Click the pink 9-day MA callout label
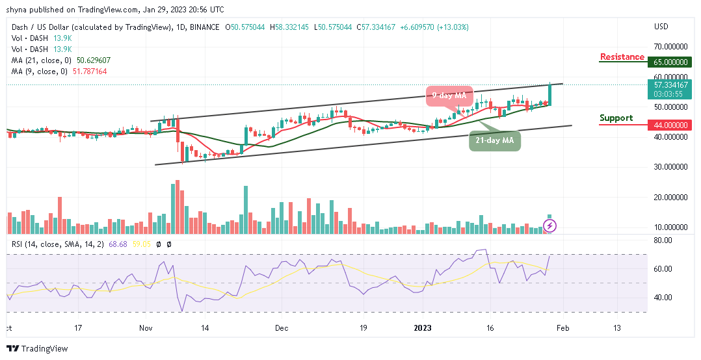tap(449, 96)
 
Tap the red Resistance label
tap(622, 57)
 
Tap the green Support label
tap(616, 118)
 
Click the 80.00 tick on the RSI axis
tap(663, 240)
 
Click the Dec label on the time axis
tap(281, 329)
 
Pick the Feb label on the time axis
tap(562, 329)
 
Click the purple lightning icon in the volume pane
tap(550, 226)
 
